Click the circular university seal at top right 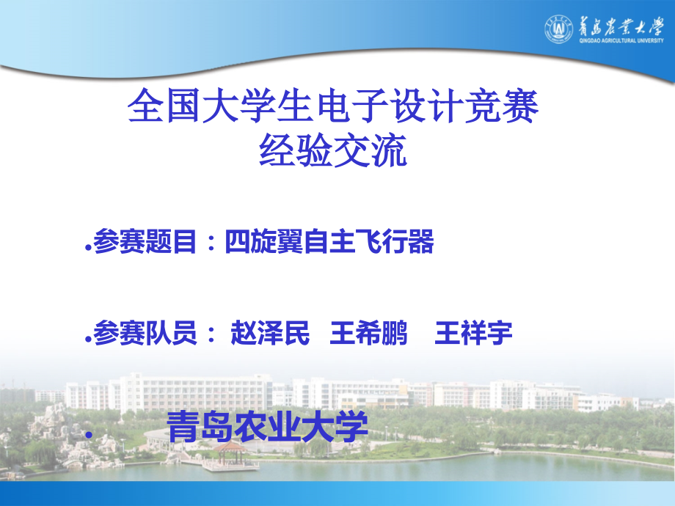coord(558,29)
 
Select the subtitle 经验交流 coord(333,152)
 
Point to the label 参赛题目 coord(145,243)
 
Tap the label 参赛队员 coord(145,334)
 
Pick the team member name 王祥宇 coord(473,334)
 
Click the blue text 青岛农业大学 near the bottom coord(268,428)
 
